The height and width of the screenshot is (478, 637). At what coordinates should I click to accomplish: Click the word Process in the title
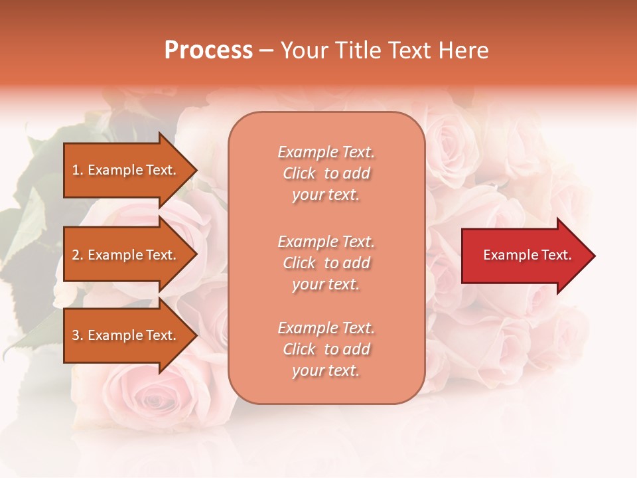tap(208, 50)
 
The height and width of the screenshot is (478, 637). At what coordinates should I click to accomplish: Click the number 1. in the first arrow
tap(78, 170)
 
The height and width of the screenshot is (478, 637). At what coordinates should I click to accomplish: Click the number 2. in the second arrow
tap(78, 255)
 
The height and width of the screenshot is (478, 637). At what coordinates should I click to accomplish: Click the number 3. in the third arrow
tap(78, 335)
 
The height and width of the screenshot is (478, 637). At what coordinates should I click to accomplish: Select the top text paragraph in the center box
tap(326, 173)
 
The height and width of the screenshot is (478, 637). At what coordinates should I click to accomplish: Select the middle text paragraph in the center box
tap(326, 263)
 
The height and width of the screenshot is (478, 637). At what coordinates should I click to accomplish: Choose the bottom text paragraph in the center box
tap(326, 349)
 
